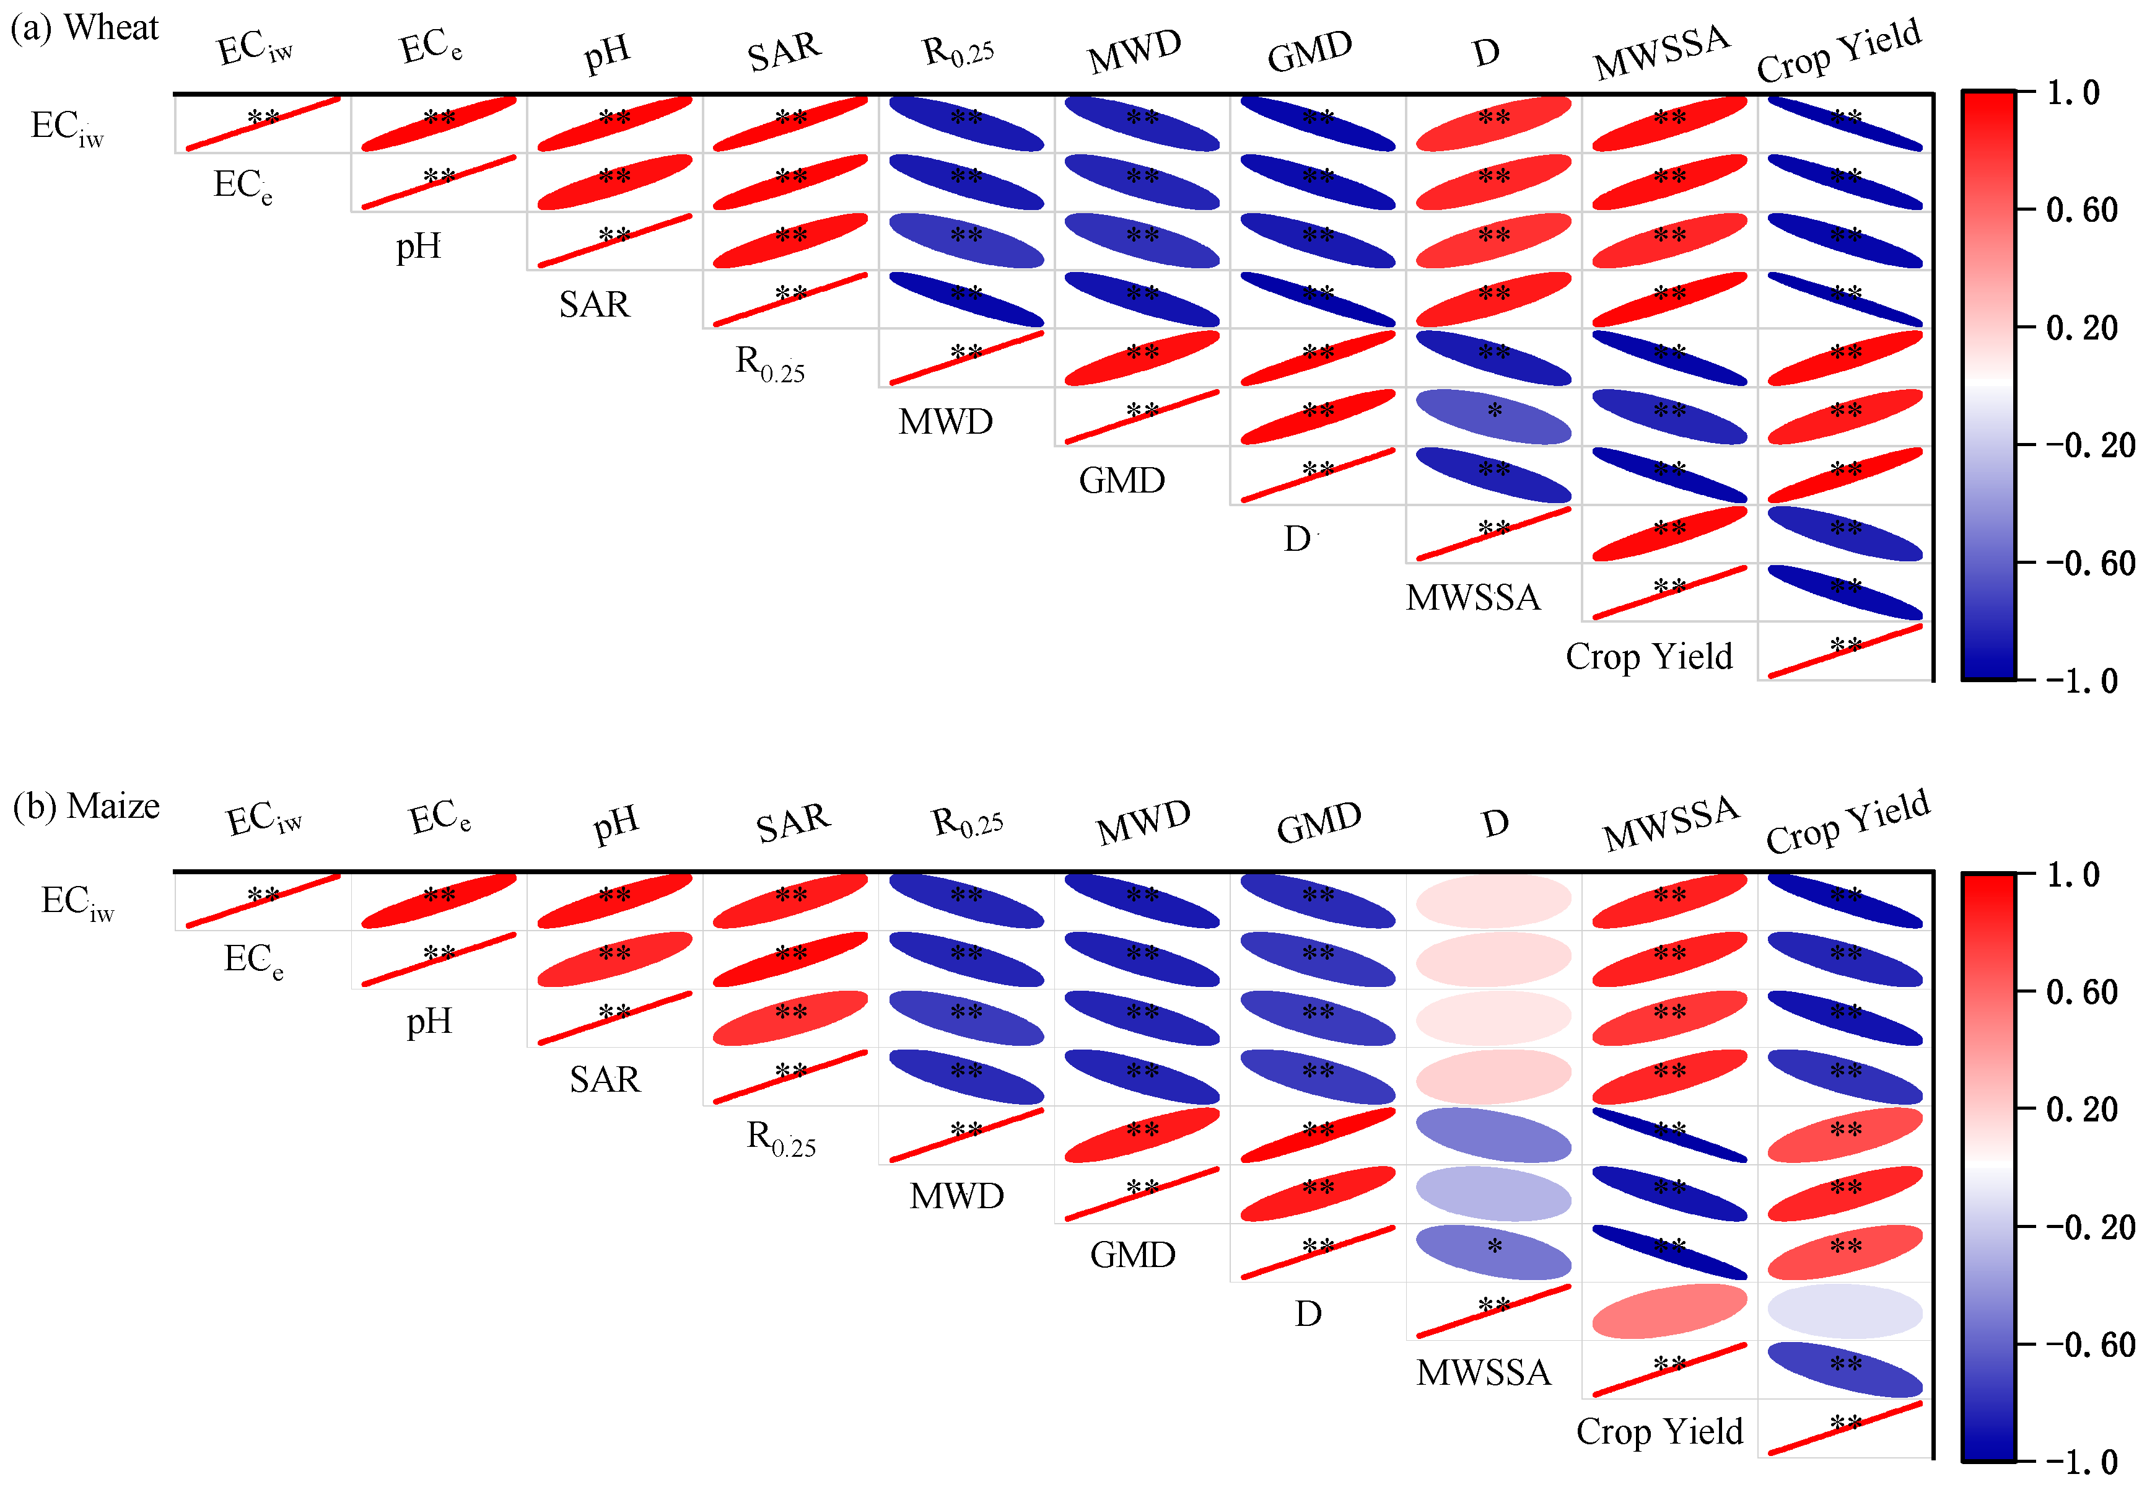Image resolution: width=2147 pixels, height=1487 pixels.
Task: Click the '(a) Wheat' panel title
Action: click(84, 28)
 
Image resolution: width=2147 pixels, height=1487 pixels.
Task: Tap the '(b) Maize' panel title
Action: click(85, 806)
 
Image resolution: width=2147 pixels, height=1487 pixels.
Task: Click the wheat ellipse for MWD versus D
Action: click(1493, 416)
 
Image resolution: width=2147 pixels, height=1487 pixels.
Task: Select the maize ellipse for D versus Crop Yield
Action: click(1844, 1311)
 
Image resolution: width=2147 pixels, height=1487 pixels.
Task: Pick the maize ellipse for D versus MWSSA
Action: click(1669, 1311)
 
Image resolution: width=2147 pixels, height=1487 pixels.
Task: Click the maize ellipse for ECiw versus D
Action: click(1493, 901)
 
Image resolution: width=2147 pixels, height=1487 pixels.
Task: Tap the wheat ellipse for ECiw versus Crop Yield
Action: click(1844, 123)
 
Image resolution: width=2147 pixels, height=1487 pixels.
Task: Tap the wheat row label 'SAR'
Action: click(594, 305)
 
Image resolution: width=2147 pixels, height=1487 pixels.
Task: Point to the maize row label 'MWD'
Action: click(956, 1195)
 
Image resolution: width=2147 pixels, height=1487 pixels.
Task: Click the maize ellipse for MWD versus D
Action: click(1493, 1193)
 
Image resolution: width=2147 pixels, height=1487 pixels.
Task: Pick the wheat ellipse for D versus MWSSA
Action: click(1669, 534)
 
